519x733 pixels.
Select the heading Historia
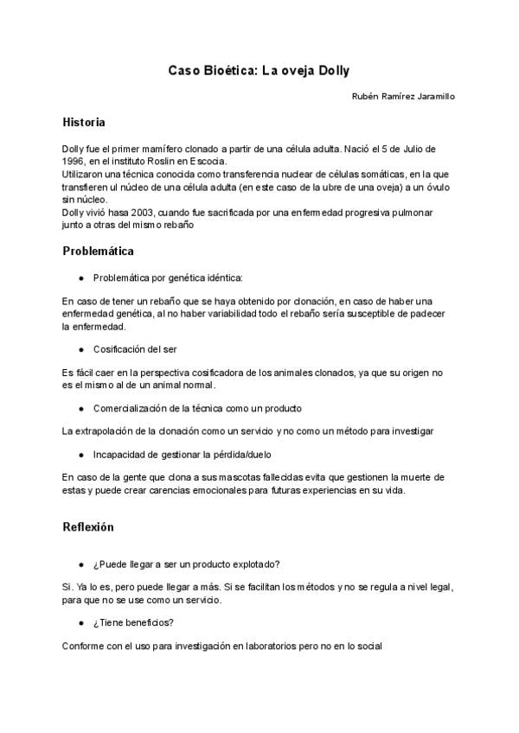tap(84, 122)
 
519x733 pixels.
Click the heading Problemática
tap(98, 252)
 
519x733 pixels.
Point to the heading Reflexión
tap(88, 526)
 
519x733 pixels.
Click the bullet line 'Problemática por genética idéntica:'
tap(168, 277)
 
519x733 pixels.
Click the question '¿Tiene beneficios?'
tap(136, 622)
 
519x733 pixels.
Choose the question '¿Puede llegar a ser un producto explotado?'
tap(185, 564)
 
